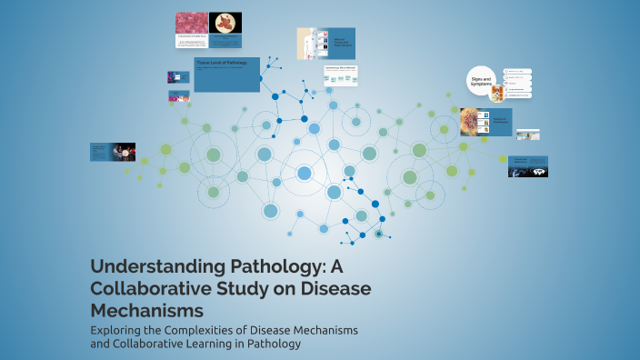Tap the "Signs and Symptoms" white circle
(482, 82)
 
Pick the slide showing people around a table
(114, 152)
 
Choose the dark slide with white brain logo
(528, 166)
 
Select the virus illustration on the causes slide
(474, 120)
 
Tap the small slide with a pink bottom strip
(178, 95)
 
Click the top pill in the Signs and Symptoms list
(517, 71)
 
